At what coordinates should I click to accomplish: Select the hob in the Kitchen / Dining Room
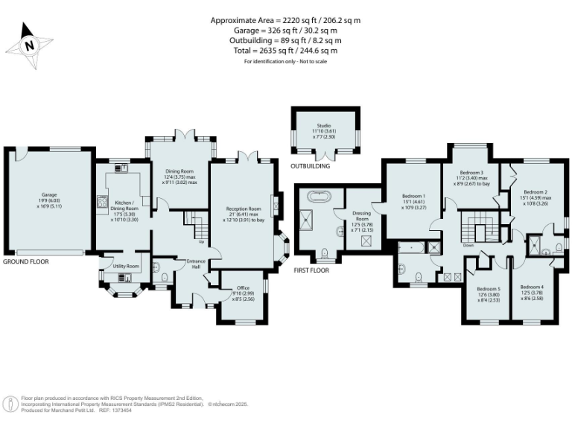[x=101, y=201]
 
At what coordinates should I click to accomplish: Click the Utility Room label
[x=127, y=266]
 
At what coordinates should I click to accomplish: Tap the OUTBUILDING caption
[x=310, y=166]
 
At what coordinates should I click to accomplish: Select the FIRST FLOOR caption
[x=311, y=270]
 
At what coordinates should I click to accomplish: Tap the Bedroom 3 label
[x=472, y=177]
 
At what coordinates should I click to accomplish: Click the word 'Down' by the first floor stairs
[x=468, y=245]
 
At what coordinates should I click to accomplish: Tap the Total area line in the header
[x=285, y=51]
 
